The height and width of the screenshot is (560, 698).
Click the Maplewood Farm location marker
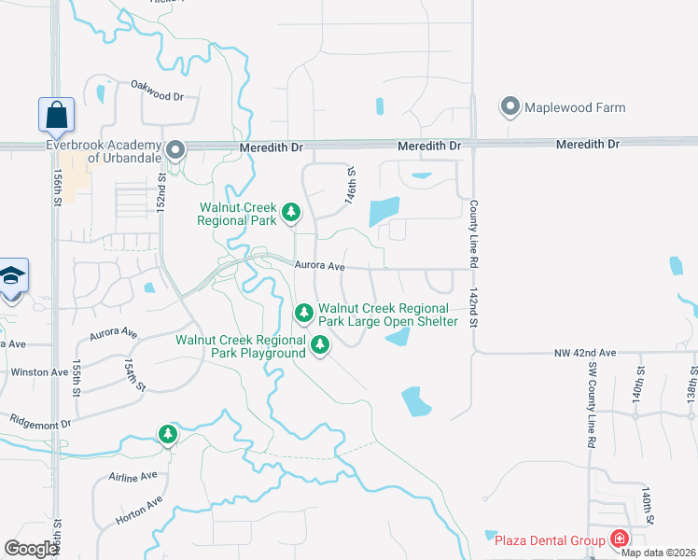click(x=510, y=107)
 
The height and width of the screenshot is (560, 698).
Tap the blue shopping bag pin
click(x=56, y=116)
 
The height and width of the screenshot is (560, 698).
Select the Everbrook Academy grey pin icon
click(x=174, y=150)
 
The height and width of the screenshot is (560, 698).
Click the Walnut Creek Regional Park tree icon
click(x=291, y=214)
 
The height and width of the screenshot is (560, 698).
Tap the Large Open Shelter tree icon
click(x=303, y=314)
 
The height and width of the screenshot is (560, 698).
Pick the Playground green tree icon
click(x=320, y=346)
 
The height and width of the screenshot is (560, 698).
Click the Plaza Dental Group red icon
click(x=618, y=539)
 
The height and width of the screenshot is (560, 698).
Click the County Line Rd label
click(x=474, y=223)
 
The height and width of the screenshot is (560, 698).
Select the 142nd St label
click(x=474, y=307)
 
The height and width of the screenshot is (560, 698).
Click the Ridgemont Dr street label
click(x=39, y=422)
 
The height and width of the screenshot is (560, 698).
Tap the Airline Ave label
click(x=133, y=477)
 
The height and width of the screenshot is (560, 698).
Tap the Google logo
click(x=32, y=549)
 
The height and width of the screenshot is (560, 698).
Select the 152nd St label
click(x=161, y=190)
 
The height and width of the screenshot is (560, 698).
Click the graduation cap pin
click(x=13, y=278)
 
